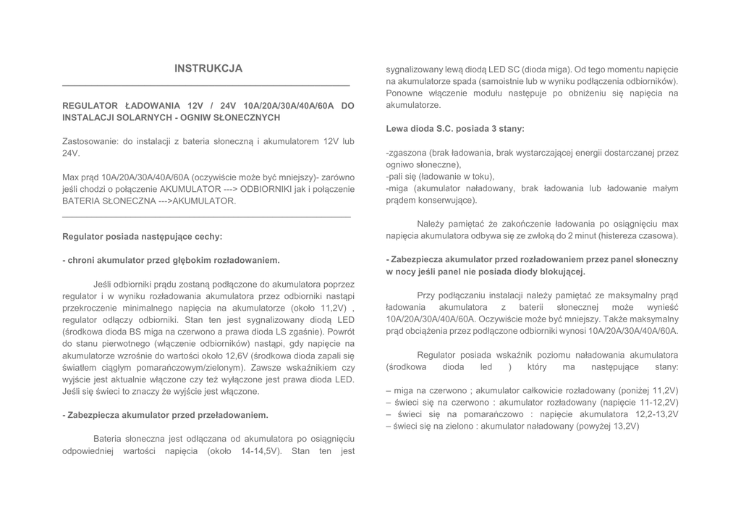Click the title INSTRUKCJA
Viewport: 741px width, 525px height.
click(x=208, y=69)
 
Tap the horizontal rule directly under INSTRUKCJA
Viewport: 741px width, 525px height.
click(x=206, y=86)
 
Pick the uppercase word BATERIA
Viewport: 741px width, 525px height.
click(x=80, y=201)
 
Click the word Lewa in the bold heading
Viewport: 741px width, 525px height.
click(x=397, y=129)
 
